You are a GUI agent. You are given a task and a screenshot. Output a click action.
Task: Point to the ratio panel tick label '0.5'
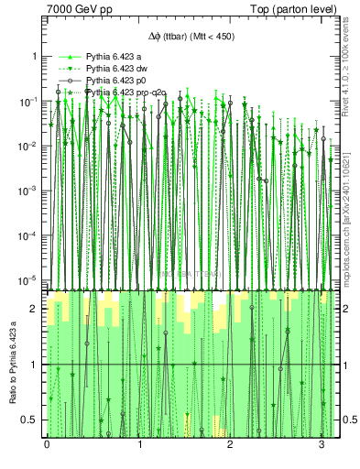tap(30, 420)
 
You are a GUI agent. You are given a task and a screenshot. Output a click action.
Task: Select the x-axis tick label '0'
tap(47, 443)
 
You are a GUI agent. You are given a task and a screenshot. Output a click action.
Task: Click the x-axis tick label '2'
tap(229, 443)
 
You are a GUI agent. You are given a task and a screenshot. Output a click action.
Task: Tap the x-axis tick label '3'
tap(320, 443)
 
